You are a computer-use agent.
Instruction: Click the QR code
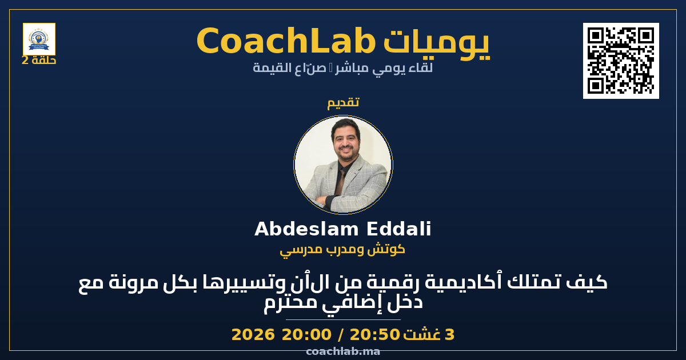[x=621, y=61]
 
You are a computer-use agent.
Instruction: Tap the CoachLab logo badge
[x=39, y=39]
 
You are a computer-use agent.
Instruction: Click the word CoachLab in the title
[x=286, y=41]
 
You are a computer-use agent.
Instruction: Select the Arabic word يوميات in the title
[x=437, y=43]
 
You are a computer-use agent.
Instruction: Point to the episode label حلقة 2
[x=39, y=61]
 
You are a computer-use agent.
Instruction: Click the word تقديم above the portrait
[x=343, y=102]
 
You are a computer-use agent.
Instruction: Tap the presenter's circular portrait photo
[x=343, y=165]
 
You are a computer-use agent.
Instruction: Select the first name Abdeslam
[x=306, y=229]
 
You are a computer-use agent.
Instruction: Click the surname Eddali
[x=399, y=229]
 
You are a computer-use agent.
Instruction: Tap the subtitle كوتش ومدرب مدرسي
[x=342, y=250]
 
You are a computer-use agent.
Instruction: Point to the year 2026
[x=253, y=334]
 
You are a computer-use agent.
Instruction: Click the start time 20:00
[x=306, y=334]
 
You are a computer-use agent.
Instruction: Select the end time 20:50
[x=375, y=334]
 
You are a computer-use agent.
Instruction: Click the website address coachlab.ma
[x=343, y=351]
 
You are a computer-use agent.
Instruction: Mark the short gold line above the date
[x=343, y=319]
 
